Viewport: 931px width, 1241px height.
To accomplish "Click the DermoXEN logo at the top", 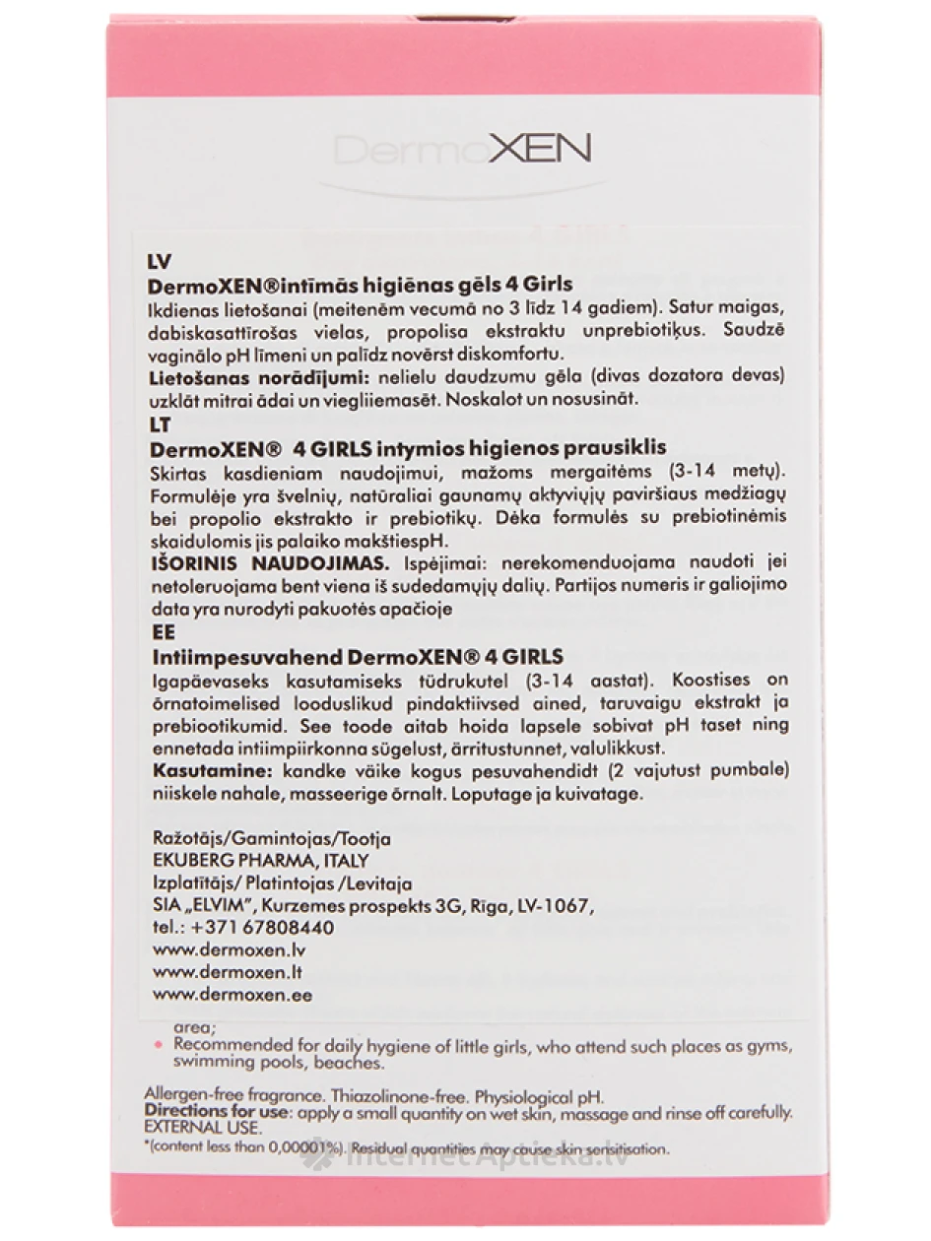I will pyautogui.click(x=462, y=150).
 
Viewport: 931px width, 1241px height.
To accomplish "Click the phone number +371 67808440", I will pyautogui.click(x=261, y=928).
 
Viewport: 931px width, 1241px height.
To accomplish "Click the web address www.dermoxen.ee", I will pyautogui.click(x=233, y=995).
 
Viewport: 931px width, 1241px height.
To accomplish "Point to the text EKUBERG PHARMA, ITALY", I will pyautogui.click(x=261, y=861).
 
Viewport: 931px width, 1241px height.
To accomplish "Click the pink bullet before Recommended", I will pyautogui.click(x=156, y=1042).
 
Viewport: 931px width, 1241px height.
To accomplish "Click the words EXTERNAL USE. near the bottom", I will pyautogui.click(x=195, y=1127).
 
